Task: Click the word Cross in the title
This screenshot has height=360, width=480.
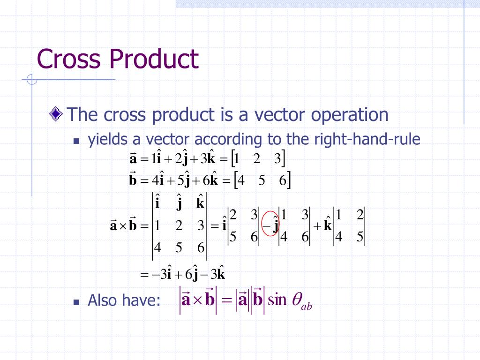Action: pyautogui.click(x=68, y=60)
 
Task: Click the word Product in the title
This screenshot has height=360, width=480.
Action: pyautogui.click(x=154, y=60)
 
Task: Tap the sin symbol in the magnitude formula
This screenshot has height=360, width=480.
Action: pyautogui.click(x=277, y=299)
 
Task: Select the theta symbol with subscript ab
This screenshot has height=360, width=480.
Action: pyautogui.click(x=301, y=300)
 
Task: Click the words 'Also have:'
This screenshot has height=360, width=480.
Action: pyautogui.click(x=121, y=300)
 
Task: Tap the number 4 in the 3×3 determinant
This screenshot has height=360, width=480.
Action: pyautogui.click(x=158, y=247)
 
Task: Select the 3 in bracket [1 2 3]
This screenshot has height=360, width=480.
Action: pyautogui.click(x=278, y=159)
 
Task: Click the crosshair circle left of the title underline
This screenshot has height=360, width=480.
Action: pyautogui.click(x=32, y=80)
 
